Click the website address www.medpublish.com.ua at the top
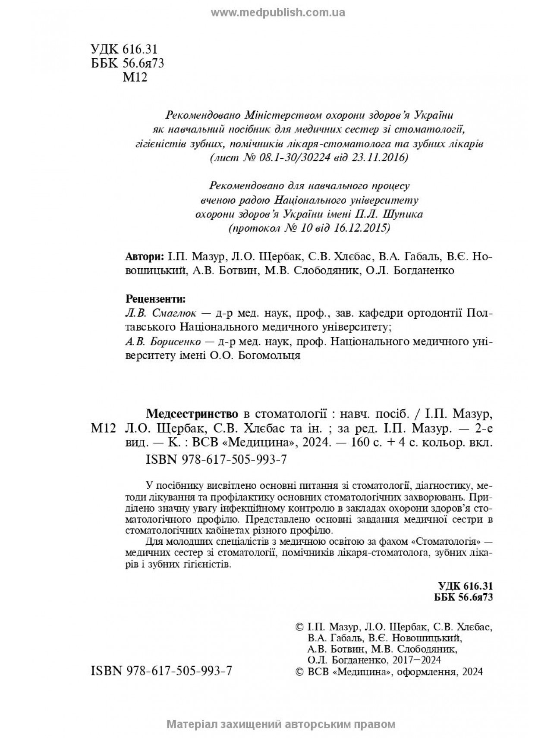pyautogui.click(x=278, y=13)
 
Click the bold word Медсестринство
pyautogui.click(x=192, y=414)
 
